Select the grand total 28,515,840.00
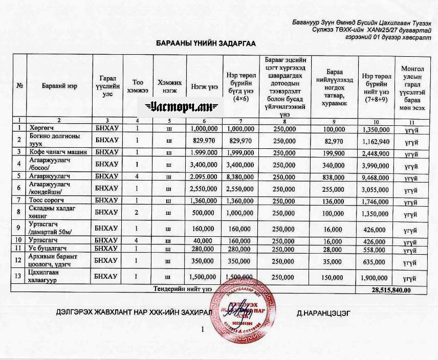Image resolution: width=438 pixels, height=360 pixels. pyautogui.click(x=391, y=290)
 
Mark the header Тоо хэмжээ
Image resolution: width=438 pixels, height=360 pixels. pyautogui.click(x=137, y=86)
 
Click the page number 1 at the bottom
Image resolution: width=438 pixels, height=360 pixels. pyautogui.click(x=203, y=330)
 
